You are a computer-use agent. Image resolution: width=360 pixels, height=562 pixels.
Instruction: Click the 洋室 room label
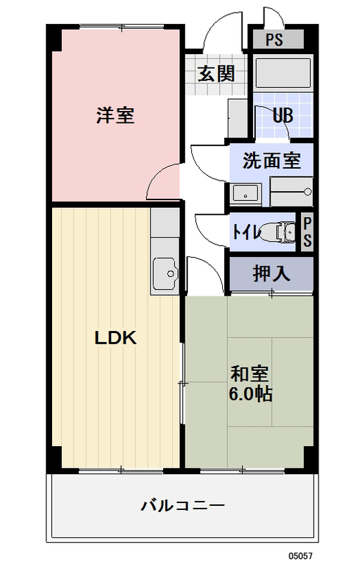click(x=115, y=116)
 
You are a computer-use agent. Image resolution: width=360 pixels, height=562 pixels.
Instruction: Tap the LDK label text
click(x=115, y=338)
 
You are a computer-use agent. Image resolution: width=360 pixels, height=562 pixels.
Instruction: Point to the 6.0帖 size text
click(x=250, y=394)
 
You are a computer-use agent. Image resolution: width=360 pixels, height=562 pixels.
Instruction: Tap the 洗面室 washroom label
click(x=271, y=161)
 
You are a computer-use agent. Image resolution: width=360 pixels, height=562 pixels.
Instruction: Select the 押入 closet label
click(x=271, y=273)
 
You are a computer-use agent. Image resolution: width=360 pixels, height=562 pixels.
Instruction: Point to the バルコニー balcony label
click(x=182, y=505)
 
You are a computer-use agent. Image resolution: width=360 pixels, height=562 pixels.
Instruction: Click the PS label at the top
click(x=274, y=39)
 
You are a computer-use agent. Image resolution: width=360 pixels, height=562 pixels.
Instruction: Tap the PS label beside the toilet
click(x=307, y=231)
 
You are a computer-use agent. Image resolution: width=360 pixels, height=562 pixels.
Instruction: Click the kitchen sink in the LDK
click(x=165, y=270)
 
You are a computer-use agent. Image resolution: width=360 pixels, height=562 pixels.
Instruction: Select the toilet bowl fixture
click(x=281, y=231)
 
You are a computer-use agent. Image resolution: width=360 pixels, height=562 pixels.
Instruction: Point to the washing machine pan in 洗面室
click(x=291, y=190)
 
